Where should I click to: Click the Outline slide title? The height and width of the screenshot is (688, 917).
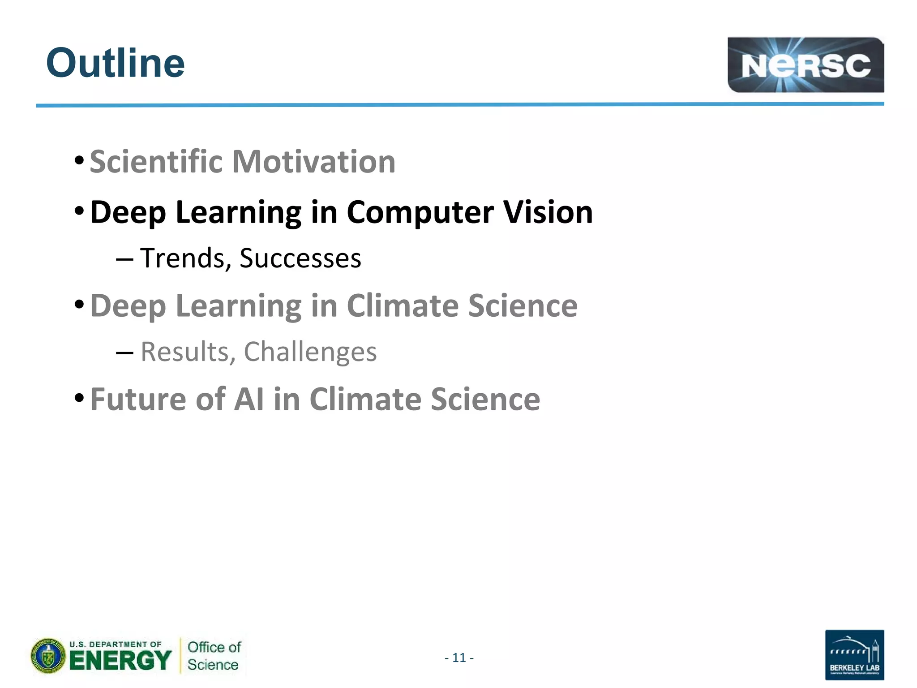click(115, 63)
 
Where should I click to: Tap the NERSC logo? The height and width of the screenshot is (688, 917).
click(805, 65)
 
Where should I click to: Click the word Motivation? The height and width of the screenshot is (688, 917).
click(313, 162)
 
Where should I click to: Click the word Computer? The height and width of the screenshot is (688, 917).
click(420, 212)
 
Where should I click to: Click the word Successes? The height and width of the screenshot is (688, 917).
click(300, 259)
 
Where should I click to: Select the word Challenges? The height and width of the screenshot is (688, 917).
click(310, 353)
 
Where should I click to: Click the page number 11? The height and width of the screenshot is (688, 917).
click(459, 658)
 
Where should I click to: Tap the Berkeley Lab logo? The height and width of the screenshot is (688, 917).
click(854, 654)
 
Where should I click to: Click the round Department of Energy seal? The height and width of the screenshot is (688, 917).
click(48, 656)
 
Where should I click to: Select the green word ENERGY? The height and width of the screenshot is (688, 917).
click(120, 661)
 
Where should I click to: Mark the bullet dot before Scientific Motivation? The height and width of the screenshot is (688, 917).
click(79, 160)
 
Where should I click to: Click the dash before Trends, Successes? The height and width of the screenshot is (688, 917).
click(124, 260)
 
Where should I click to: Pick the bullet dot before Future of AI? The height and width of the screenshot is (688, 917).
click(79, 397)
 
